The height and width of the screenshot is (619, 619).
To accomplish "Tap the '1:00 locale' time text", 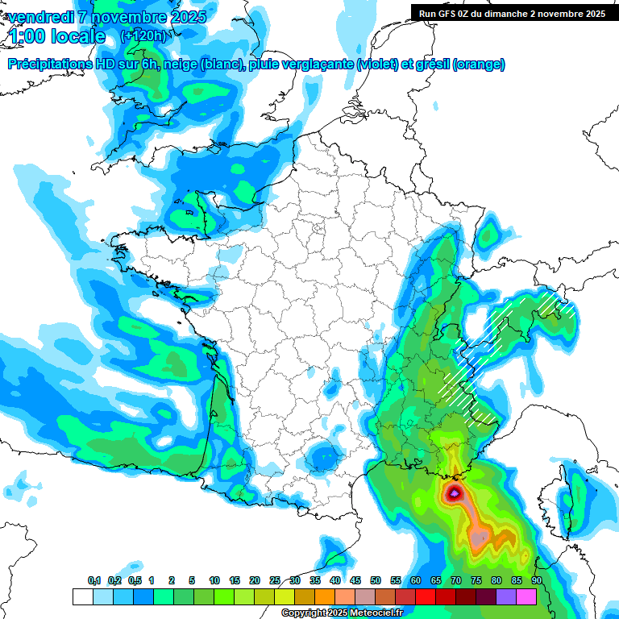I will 56,36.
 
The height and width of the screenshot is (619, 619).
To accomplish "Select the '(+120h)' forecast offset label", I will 143,36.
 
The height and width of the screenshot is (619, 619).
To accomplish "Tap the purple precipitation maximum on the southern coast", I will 455,492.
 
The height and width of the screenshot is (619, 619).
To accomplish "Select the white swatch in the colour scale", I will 82,596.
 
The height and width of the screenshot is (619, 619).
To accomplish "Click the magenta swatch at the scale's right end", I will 526,596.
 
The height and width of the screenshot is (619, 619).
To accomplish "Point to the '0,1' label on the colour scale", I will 94,581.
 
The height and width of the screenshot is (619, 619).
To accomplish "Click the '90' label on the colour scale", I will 537,581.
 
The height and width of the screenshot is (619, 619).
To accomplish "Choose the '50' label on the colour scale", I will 376,581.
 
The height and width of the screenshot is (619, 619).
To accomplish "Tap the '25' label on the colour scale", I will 275,581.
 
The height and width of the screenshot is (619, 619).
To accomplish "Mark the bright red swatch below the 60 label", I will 426,596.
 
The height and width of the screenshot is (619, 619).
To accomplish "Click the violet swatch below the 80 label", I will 506,596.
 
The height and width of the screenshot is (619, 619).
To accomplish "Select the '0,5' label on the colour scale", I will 135,581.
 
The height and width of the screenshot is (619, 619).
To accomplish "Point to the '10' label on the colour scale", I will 214,581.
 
